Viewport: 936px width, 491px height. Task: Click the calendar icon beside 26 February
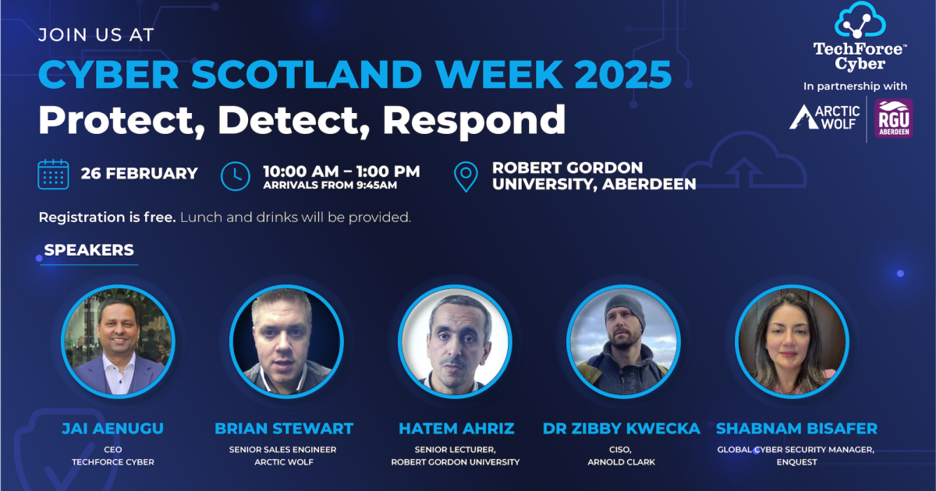[54, 174]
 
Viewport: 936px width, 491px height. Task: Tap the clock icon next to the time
[236, 175]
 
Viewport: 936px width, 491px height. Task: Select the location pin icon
[466, 176]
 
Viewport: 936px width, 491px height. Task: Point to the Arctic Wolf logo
[825, 117]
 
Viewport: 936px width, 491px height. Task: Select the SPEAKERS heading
[89, 250]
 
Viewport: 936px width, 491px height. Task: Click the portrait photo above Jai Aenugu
[118, 341]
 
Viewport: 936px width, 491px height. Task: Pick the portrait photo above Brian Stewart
[286, 341]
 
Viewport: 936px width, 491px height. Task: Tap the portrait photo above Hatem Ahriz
[455, 341]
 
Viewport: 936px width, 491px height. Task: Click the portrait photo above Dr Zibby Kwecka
[623, 341]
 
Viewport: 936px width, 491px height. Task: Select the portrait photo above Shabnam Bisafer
[792, 341]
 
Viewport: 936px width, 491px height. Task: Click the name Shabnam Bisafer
[796, 429]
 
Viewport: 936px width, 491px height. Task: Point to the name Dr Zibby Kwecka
[622, 429]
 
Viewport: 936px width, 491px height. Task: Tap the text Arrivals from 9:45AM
[330, 185]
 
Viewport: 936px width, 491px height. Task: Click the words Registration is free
[107, 217]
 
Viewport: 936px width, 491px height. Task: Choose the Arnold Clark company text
[622, 462]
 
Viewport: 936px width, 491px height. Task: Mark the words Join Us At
[97, 35]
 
